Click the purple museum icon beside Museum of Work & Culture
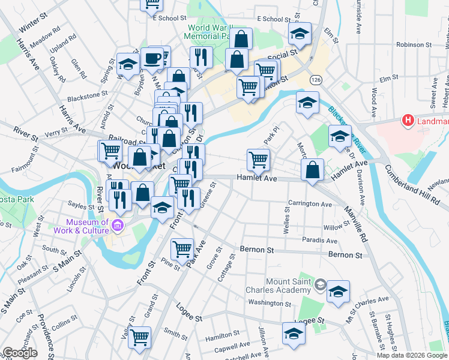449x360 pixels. click(x=117, y=227)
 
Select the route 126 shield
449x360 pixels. click(x=315, y=79)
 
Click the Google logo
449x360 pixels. click(x=20, y=352)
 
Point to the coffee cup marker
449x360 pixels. click(x=152, y=59)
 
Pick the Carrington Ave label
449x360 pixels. click(x=310, y=204)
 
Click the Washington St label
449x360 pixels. click(x=270, y=303)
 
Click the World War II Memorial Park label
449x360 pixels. click(x=211, y=32)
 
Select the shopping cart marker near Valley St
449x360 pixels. click(x=140, y=337)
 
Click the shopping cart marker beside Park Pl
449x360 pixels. click(x=259, y=160)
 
